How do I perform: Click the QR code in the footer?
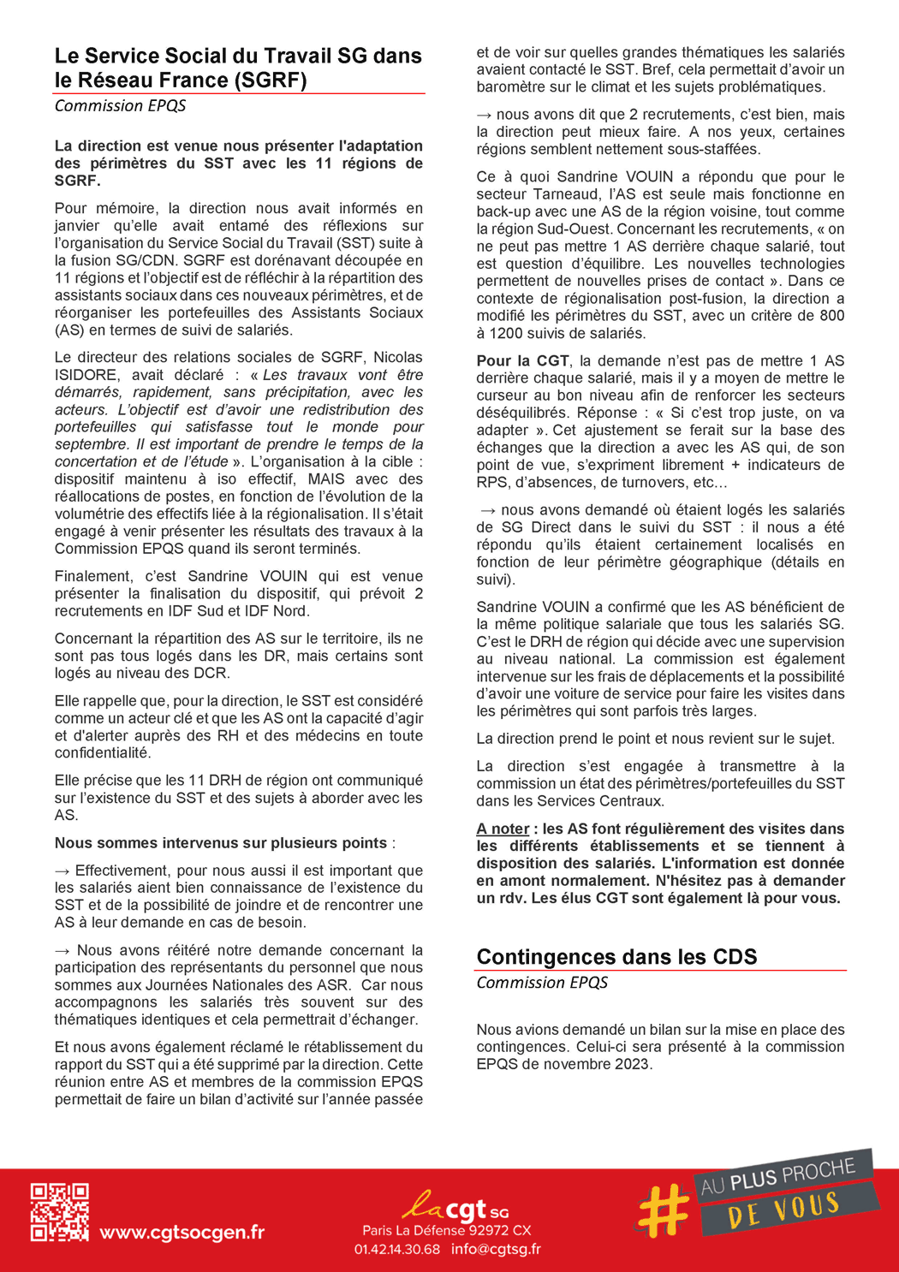point(59,1212)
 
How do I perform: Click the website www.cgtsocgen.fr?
point(182,1233)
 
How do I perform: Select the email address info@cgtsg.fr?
point(496,1249)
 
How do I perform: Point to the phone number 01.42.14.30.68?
point(397,1249)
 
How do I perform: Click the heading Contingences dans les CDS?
point(616,956)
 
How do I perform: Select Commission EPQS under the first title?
point(120,105)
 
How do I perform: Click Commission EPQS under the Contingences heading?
point(542,982)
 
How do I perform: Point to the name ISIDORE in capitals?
point(86,375)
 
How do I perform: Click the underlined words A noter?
point(503,829)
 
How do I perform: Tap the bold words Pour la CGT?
point(522,360)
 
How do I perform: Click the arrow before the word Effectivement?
point(63,871)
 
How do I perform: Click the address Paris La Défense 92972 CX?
point(446,1230)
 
